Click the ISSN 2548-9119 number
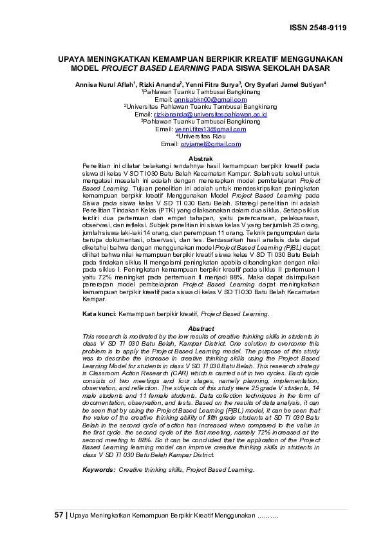click(318, 28)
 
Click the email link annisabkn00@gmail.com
click(201, 100)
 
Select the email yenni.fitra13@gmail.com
click(201, 129)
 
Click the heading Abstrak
click(191, 158)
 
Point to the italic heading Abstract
click(191, 329)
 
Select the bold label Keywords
click(99, 469)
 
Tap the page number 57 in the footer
click(59, 516)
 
